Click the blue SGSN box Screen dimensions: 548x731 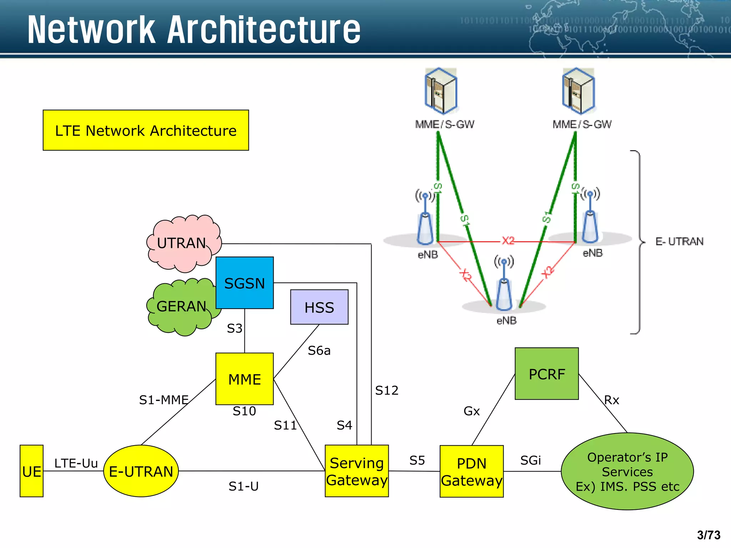244,283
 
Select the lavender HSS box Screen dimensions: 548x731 319,307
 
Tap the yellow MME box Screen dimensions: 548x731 244,379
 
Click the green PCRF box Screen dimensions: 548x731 546,374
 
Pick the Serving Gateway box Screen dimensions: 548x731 357,471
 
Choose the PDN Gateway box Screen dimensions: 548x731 472,471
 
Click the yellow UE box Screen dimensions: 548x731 31,471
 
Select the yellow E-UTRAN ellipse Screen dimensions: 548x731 141,471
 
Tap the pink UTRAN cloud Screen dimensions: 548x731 182,243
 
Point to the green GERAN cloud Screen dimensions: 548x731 181,306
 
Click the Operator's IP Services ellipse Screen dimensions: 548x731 627,471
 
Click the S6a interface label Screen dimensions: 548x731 319,351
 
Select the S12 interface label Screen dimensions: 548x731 387,390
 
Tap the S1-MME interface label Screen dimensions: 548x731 164,400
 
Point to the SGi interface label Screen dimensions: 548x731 530,460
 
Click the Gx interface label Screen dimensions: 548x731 472,411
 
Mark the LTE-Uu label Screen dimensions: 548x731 76,463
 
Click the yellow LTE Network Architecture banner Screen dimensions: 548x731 146,130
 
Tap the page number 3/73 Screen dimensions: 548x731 709,535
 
